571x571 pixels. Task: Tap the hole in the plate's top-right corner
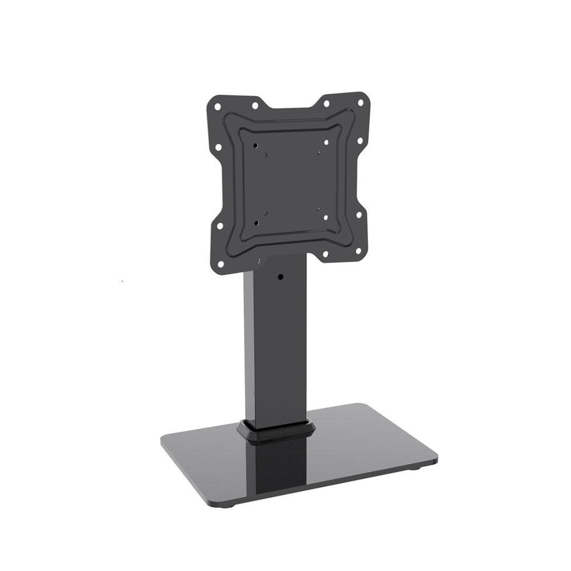pos(361,102)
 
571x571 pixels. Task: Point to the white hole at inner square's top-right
pos(326,142)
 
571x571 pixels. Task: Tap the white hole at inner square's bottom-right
pos(326,217)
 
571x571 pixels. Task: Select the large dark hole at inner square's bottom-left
pos(256,221)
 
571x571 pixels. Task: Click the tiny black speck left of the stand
pos(122,277)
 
